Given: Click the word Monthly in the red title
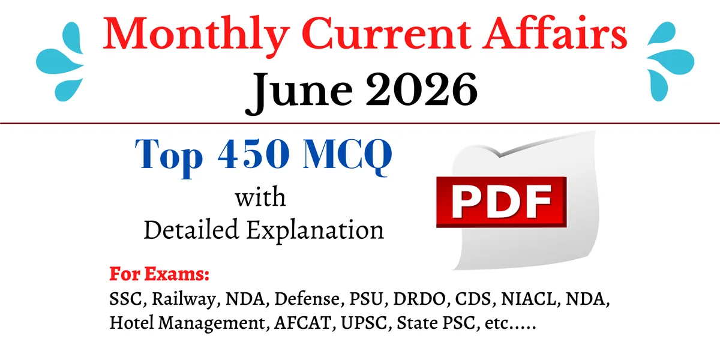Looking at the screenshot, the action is click(x=196, y=37).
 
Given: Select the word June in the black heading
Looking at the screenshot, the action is click(x=299, y=92).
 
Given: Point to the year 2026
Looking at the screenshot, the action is click(x=421, y=89).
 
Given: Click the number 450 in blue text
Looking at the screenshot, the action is click(x=254, y=154).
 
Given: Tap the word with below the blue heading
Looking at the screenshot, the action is click(x=260, y=197).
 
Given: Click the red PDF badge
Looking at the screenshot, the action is click(x=501, y=202).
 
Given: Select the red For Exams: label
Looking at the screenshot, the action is click(x=160, y=274).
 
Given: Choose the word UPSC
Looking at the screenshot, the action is click(x=366, y=323).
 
